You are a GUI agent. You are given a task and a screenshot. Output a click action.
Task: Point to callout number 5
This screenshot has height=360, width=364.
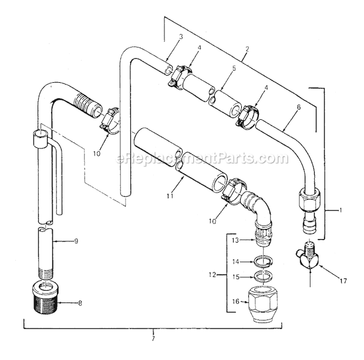coord(234,68)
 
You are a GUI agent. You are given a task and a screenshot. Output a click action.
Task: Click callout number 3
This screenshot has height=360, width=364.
coord(181,37)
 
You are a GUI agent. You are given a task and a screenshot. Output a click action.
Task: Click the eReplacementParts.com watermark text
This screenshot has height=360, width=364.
coord(187,158)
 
